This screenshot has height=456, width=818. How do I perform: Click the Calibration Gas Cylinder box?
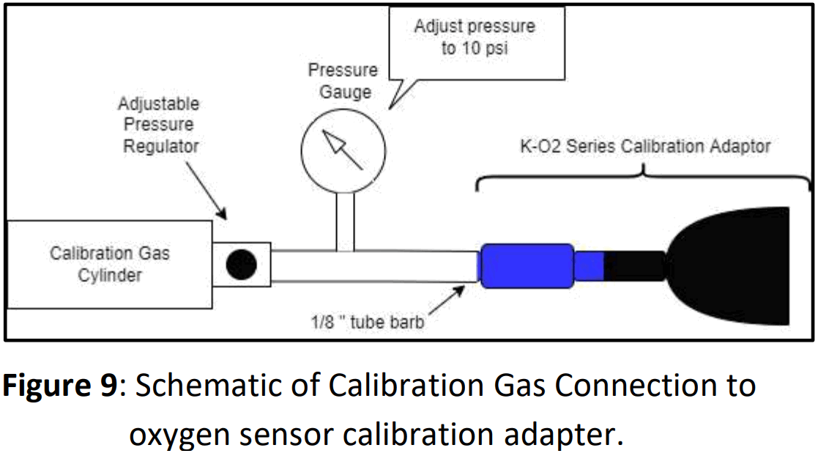tap(108, 264)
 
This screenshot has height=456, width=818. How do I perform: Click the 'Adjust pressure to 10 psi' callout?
tap(476, 40)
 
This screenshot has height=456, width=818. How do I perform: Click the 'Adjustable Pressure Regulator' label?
tap(160, 125)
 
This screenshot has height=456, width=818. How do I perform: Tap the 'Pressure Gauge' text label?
tap(343, 81)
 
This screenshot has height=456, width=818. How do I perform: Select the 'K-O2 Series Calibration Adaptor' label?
tap(644, 146)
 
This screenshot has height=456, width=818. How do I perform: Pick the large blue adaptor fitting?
tap(525, 265)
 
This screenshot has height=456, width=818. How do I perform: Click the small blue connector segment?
tap(588, 265)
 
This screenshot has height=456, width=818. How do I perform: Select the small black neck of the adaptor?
tap(634, 265)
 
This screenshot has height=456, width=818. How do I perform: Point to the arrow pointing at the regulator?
tap(206, 192)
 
